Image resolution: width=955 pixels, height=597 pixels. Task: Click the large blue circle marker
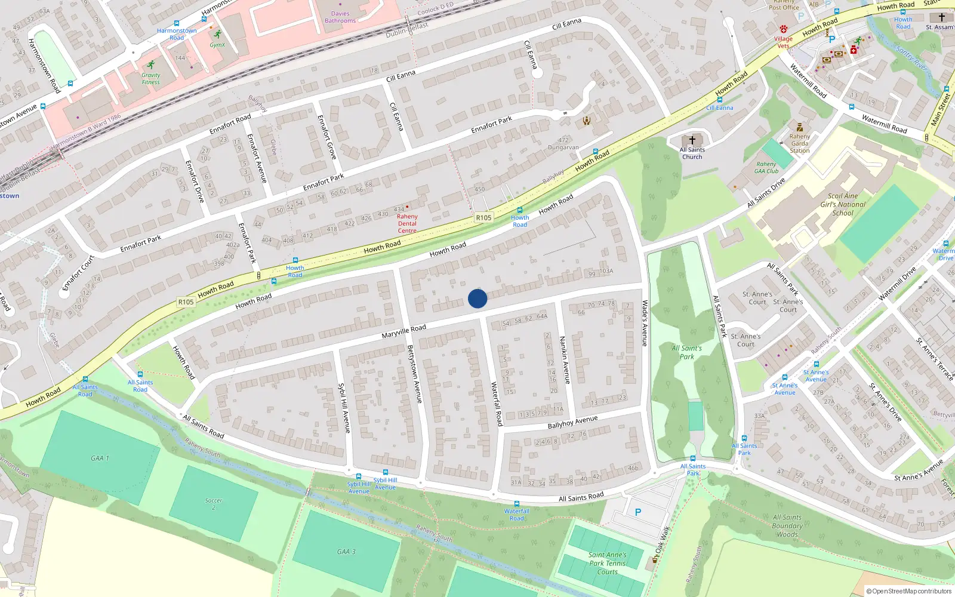coord(478,298)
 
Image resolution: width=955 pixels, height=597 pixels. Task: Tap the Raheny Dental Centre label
coord(407,224)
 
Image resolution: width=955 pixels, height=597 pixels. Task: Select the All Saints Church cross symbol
coord(692,140)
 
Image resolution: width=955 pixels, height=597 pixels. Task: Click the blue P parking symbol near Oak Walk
coord(638,512)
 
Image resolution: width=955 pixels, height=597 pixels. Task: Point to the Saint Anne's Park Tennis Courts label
coord(608,564)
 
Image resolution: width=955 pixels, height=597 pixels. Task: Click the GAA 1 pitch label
coord(100,458)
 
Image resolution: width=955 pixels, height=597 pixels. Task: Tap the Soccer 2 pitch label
coord(213,504)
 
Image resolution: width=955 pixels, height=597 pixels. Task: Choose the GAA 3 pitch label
coord(346,552)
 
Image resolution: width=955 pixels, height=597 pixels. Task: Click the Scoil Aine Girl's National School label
coord(843,204)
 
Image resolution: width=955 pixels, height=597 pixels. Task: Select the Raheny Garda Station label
coord(800,143)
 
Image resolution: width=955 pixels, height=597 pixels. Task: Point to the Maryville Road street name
coord(404,332)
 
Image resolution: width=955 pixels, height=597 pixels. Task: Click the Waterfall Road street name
coord(497,404)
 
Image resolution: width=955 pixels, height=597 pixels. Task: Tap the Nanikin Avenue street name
coord(565,360)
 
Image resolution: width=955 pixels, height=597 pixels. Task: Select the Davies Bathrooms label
coord(340,17)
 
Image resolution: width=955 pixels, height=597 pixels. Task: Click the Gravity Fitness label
coord(151,79)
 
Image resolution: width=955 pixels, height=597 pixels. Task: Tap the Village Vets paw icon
coord(784,29)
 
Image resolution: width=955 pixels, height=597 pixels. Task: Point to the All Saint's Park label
coord(687,352)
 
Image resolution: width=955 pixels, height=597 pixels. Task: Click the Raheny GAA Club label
coord(766,168)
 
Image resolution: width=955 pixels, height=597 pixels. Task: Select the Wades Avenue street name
coord(644,323)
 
